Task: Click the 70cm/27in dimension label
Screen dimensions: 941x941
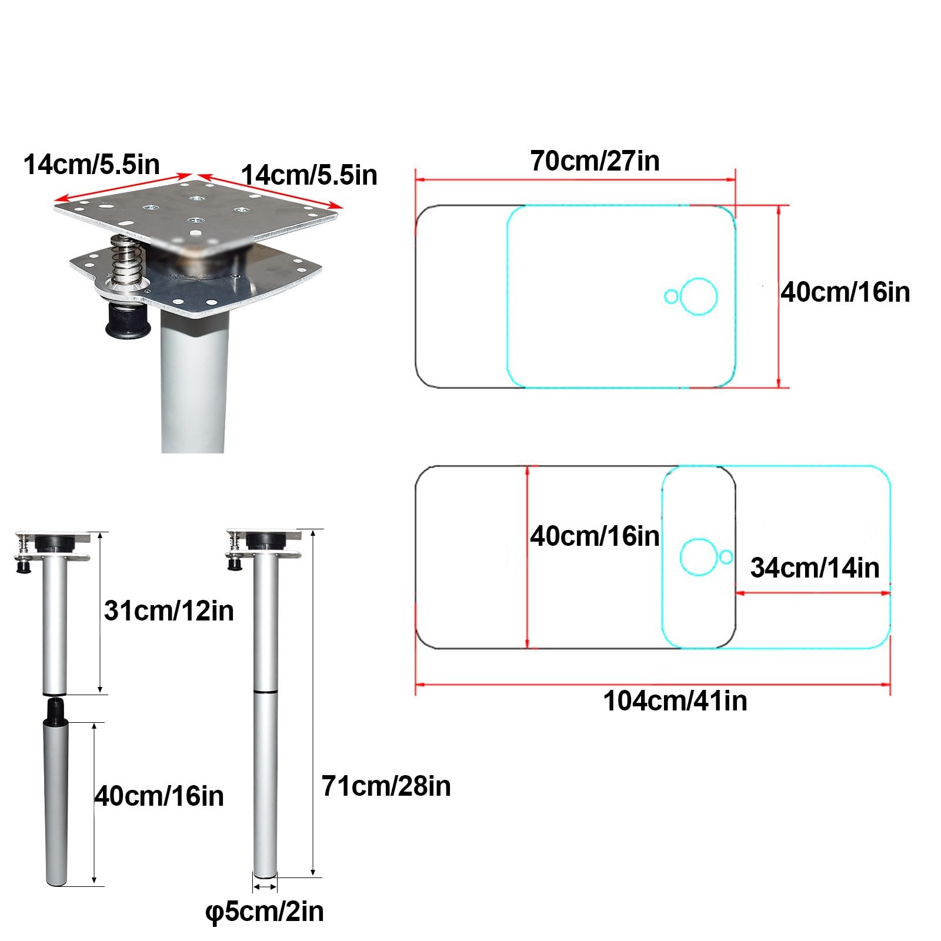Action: coord(595,161)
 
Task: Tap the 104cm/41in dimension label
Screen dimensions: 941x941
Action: coord(675,701)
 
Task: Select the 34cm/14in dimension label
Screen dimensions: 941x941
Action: coord(815,568)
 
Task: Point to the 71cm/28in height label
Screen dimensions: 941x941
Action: coord(386,786)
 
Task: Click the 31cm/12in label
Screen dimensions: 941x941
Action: coord(169,611)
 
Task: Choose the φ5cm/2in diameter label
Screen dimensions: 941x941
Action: coord(264,912)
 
